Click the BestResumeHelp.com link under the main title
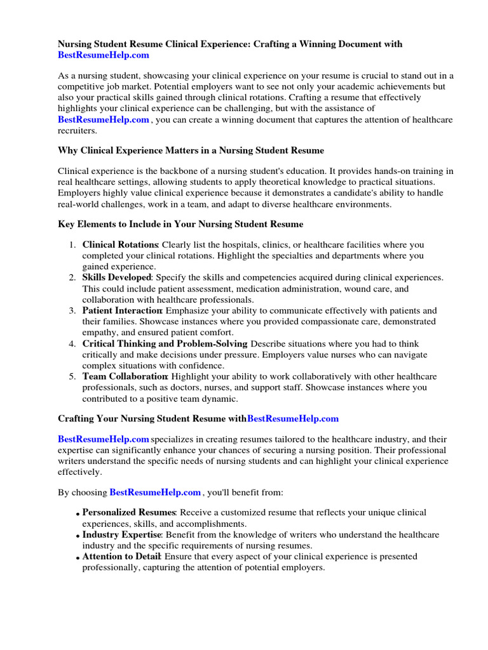104,56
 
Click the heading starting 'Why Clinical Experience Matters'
191,150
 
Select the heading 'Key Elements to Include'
180,224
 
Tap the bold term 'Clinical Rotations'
120,244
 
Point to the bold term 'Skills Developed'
117,277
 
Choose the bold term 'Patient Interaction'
122,310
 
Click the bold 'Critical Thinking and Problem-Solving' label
165,343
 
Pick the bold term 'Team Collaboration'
125,376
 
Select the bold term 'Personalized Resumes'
128,512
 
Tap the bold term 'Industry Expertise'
122,534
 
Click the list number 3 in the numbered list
72,310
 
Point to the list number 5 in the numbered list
72,376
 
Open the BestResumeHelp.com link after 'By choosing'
155,492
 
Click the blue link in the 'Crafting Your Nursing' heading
293,419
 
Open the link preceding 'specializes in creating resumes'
104,439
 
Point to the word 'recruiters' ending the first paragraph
78,131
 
